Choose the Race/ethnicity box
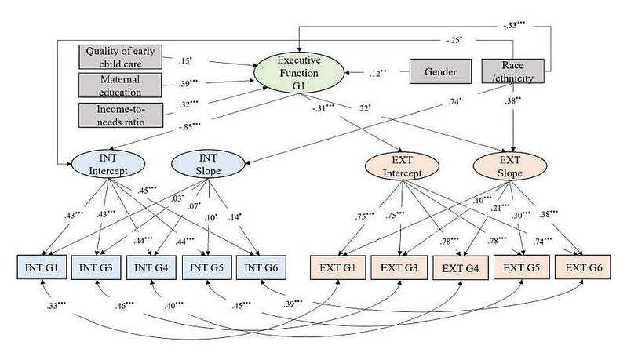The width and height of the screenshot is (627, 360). (514, 72)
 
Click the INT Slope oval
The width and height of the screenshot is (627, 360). (206, 165)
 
